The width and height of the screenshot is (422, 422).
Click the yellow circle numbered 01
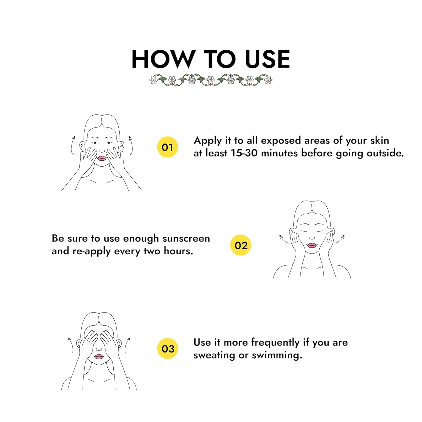[167, 147]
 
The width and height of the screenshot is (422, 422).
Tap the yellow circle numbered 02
[241, 245]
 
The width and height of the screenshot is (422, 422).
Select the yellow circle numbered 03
[168, 349]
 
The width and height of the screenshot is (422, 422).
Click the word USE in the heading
[267, 59]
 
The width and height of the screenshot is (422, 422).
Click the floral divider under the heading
[211, 80]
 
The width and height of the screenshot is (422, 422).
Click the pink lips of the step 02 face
[312, 245]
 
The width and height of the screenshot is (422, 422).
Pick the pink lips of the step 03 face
[99, 356]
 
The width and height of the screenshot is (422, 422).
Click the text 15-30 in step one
[244, 153]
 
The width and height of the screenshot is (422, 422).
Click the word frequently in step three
[275, 343]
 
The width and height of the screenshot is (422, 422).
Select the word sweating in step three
[214, 355]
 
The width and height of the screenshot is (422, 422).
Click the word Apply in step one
[208, 141]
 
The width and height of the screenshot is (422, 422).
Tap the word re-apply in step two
[91, 251]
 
